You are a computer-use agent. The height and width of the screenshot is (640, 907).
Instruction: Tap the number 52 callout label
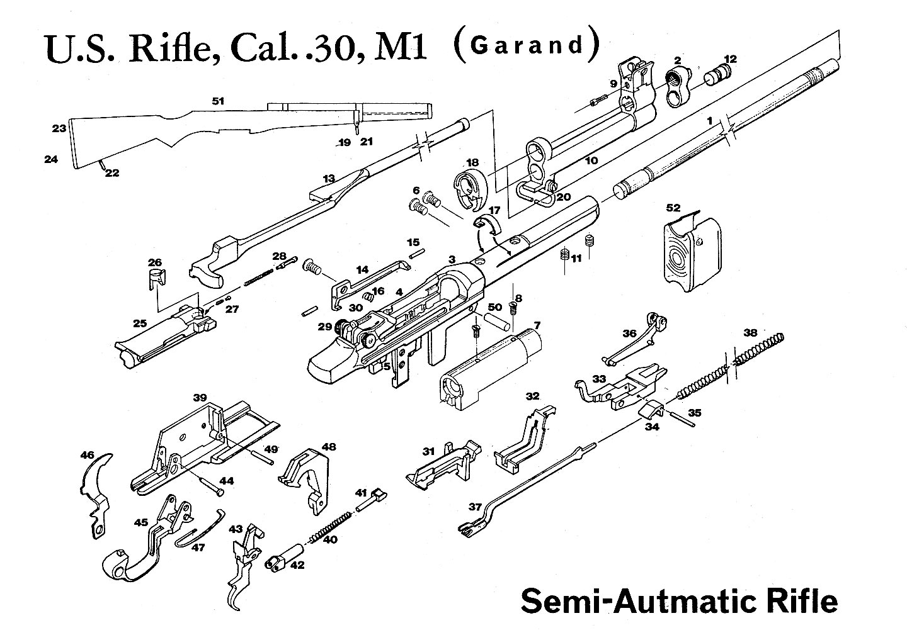(673, 207)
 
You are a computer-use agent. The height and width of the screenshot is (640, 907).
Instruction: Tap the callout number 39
(200, 398)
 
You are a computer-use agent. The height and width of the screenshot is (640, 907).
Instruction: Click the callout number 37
(476, 507)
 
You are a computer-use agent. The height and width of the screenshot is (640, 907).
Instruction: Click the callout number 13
(328, 179)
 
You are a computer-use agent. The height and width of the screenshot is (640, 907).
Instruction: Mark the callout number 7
(537, 325)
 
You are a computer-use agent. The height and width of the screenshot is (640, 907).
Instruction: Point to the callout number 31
(428, 451)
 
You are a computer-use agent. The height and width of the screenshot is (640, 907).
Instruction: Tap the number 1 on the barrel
(709, 120)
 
